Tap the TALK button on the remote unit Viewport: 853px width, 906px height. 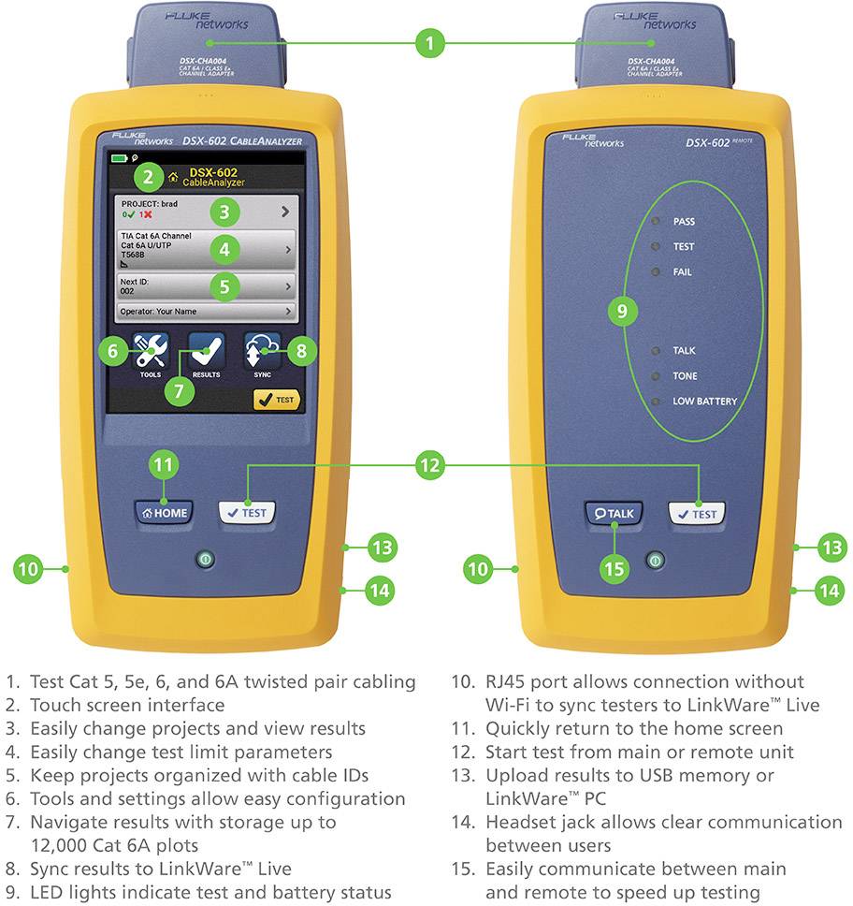(x=613, y=513)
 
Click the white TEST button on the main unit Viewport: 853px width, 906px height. (x=247, y=512)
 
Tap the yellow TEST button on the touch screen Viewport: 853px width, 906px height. (x=276, y=400)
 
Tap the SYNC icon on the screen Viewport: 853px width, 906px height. (x=262, y=350)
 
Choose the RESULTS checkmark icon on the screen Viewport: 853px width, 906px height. (x=206, y=350)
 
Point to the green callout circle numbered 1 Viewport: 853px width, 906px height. (x=429, y=42)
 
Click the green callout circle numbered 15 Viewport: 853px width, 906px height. (x=614, y=568)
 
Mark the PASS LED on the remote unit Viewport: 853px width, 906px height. (x=657, y=222)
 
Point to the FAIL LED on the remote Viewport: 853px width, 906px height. (x=657, y=271)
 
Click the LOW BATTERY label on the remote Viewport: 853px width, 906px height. (x=704, y=402)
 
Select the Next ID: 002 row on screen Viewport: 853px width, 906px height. (x=206, y=285)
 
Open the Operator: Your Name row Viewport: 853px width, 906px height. (x=206, y=311)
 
